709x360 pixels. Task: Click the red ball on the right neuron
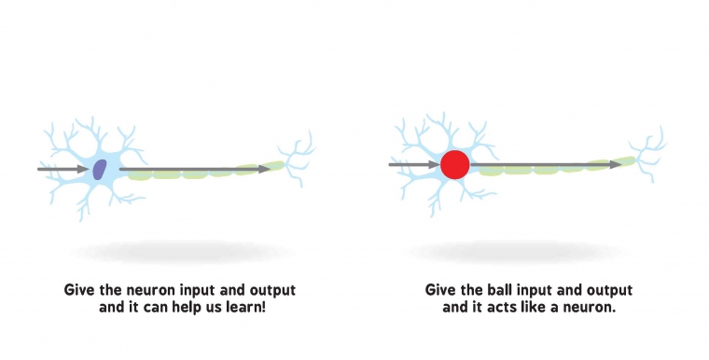[x=454, y=165]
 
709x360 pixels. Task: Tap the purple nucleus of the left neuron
[x=100, y=169]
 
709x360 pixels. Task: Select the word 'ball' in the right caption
[x=503, y=289]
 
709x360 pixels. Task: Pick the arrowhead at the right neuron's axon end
[x=615, y=164]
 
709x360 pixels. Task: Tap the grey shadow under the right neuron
[x=518, y=250]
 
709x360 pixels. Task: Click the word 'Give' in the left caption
[x=79, y=289]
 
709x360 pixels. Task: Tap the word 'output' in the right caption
[x=610, y=289]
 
